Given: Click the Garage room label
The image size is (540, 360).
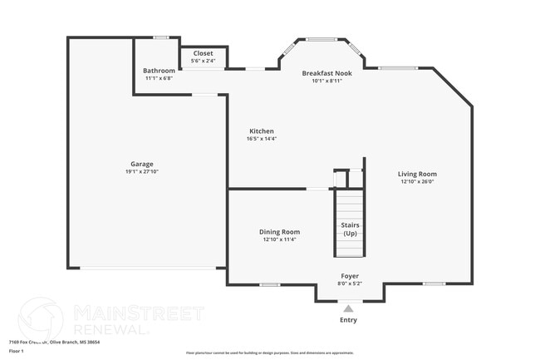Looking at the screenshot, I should tap(141, 164).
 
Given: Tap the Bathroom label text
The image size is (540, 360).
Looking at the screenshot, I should tap(159, 71).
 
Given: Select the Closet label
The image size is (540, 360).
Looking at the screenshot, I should tap(203, 53).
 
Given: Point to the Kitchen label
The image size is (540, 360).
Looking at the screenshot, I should tap(262, 131).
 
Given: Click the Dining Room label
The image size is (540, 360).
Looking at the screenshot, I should tap(279, 232).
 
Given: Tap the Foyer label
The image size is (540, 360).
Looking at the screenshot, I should tap(350, 276).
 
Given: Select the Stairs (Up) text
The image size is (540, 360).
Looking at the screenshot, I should tap(350, 229).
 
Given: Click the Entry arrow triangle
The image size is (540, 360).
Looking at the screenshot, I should tap(348, 308).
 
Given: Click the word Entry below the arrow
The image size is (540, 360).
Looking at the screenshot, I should tap(348, 320).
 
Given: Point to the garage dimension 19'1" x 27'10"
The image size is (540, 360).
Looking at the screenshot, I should tap(141, 172).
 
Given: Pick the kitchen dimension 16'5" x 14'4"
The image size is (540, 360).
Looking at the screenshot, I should tap(262, 140).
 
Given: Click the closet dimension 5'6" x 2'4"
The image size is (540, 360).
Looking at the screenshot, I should tap(203, 61).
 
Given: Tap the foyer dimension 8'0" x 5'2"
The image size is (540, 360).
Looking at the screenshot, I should tap(350, 284).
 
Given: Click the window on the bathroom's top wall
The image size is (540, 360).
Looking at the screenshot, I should tap(162, 37).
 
